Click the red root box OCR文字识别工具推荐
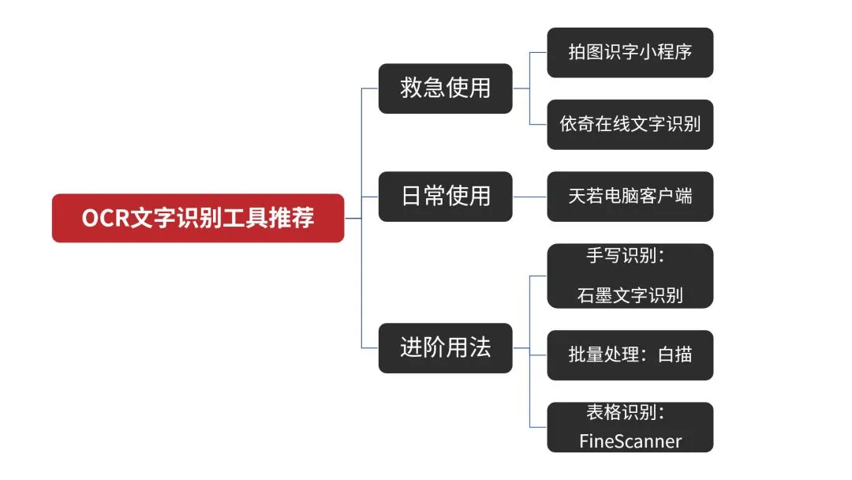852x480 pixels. (198, 218)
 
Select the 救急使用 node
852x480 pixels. (445, 88)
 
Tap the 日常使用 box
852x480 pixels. (445, 196)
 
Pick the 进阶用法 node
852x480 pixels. (445, 347)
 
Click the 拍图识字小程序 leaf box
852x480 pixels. (630, 53)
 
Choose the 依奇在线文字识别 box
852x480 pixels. (630, 124)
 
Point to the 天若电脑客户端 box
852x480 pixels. (630, 196)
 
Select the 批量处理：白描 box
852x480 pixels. (630, 354)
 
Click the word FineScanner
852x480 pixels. (630, 441)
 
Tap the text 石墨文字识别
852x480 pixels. (630, 296)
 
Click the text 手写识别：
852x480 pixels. (630, 257)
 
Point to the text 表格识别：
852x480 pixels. (630, 412)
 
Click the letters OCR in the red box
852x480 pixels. (106, 218)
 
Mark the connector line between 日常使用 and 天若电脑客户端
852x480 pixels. (529, 196)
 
